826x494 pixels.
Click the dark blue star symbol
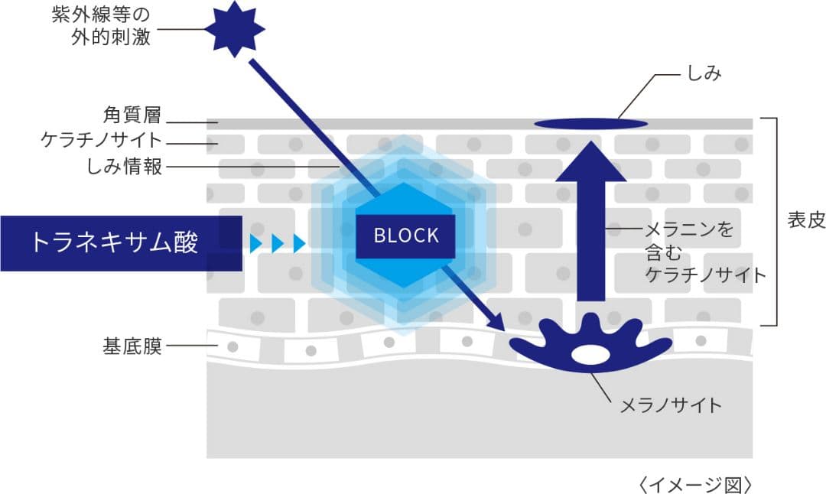(234, 28)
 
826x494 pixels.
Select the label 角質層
(132, 115)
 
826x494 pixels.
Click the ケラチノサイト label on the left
(102, 141)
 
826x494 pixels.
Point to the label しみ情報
(125, 167)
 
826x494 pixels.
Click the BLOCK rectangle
(406, 236)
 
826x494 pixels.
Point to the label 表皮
(805, 221)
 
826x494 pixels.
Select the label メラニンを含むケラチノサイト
(704, 252)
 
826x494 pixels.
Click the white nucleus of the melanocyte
(589, 355)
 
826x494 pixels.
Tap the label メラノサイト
(670, 405)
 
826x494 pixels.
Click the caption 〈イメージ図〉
(694, 483)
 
